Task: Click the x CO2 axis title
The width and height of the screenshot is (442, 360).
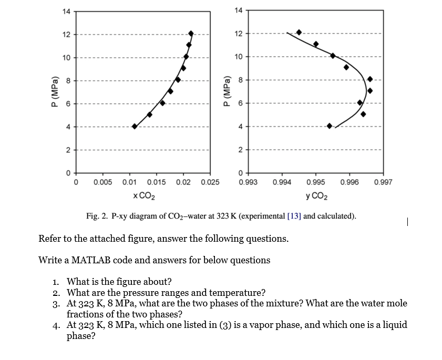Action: pyautogui.click(x=143, y=196)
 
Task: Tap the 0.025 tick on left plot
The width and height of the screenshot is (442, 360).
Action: pyautogui.click(x=210, y=182)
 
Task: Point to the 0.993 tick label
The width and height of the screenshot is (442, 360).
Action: pyautogui.click(x=248, y=182)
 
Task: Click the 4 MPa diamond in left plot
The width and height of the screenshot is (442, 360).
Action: pyautogui.click(x=135, y=126)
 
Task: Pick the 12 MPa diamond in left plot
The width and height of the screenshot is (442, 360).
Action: pyautogui.click(x=191, y=34)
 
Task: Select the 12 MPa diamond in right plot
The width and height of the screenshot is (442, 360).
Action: pyautogui.click(x=299, y=33)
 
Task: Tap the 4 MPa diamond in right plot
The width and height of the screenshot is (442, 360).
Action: pyautogui.click(x=330, y=126)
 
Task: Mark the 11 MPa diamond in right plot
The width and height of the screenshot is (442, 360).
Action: pyautogui.click(x=316, y=44)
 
